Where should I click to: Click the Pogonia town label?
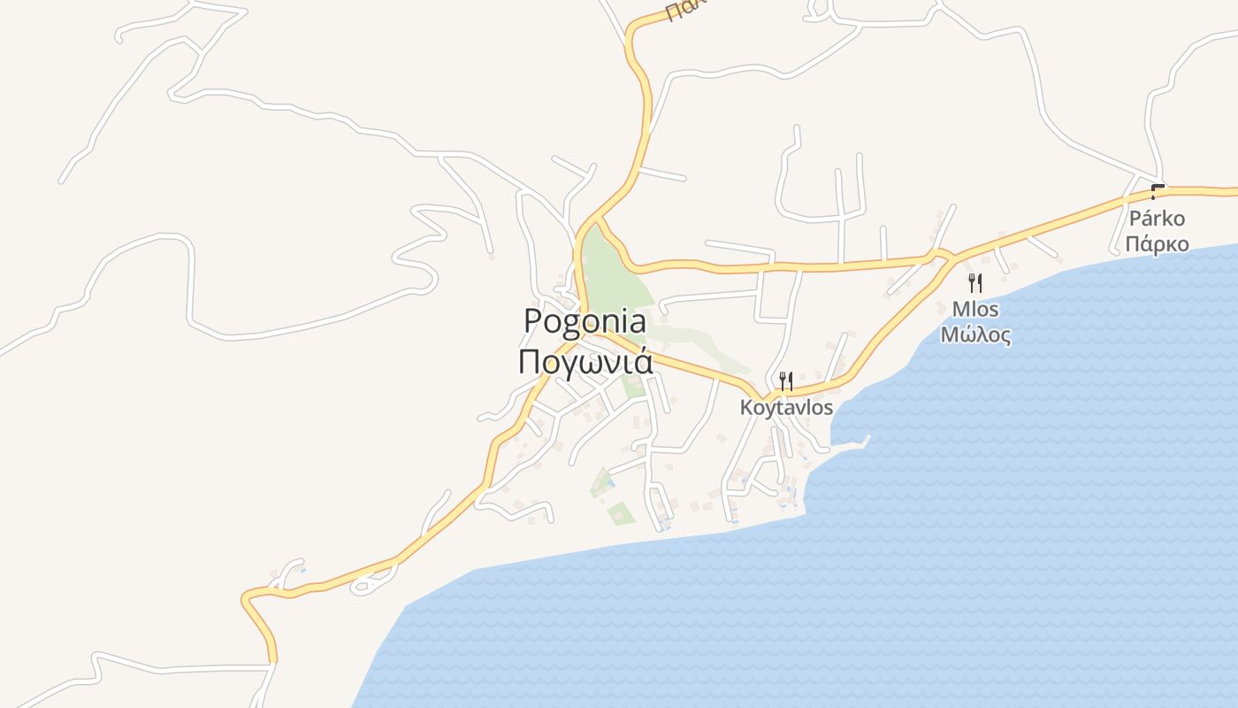pos(585,321)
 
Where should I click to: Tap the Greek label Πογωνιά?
pos(585,362)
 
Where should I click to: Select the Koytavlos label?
pos(786,408)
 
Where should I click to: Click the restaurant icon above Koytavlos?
pos(784,381)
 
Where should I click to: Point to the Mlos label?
pos(975,310)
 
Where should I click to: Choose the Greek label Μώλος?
pos(975,335)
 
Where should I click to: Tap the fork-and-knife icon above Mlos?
pos(975,283)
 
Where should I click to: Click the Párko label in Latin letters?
pos(1157,219)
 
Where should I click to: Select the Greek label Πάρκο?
pos(1157,243)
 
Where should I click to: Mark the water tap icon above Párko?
pos(1157,192)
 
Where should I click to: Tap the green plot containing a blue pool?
pos(603,483)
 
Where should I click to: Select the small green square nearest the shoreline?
pos(621,513)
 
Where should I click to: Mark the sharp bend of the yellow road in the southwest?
pos(248,599)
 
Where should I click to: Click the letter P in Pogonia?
pos(533,321)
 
